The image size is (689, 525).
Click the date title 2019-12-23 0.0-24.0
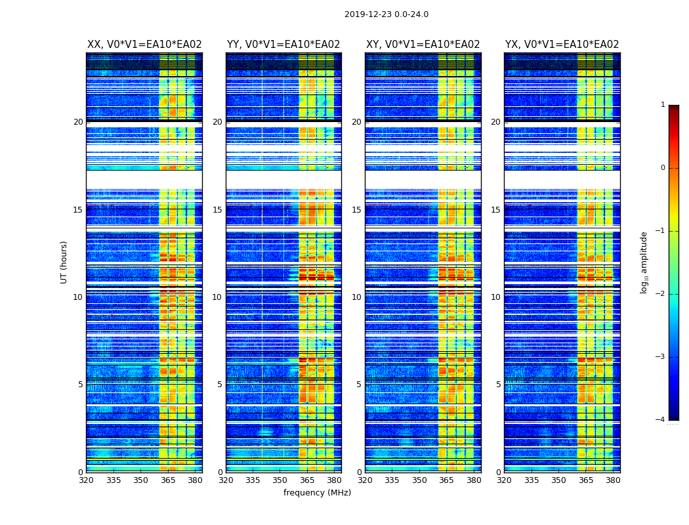click(x=386, y=14)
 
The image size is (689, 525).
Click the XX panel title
click(x=144, y=45)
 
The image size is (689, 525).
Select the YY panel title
click(x=283, y=45)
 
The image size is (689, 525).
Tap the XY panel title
click(x=423, y=45)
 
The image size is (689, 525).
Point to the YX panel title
click(x=562, y=45)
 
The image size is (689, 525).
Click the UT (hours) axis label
click(x=64, y=262)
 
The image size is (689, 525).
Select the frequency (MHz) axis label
click(x=317, y=493)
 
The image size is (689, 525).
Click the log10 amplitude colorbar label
click(x=644, y=262)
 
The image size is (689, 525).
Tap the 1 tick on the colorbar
click(x=663, y=105)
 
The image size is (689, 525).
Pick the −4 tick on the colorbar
click(x=661, y=420)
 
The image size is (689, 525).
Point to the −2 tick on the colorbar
click(x=661, y=294)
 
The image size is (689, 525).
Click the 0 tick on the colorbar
click(x=663, y=168)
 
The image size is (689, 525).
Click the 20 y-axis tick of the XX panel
click(x=78, y=122)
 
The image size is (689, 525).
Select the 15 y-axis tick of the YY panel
click(x=217, y=210)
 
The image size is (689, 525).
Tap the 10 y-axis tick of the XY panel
click(x=356, y=297)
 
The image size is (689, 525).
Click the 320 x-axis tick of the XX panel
click(x=86, y=480)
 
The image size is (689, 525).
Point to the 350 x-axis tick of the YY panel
click(x=280, y=480)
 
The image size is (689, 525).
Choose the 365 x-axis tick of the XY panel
click(x=446, y=480)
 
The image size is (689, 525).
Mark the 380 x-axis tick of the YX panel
click(x=613, y=480)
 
